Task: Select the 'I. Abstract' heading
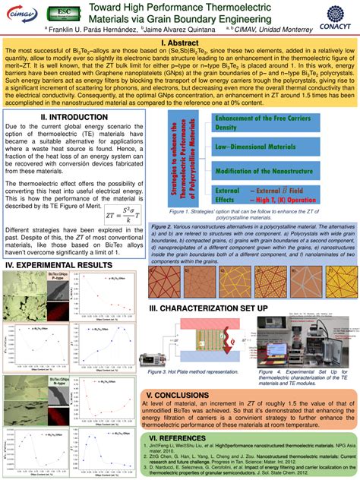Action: coord(180,45)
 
